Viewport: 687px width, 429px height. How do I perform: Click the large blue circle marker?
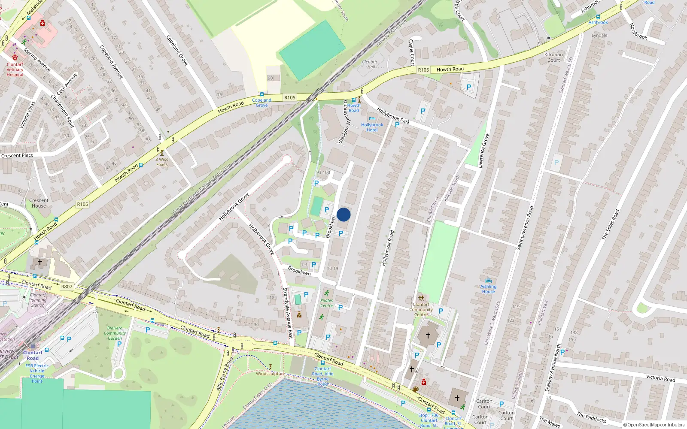tap(343, 214)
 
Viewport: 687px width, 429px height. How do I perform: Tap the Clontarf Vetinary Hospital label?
tap(15, 69)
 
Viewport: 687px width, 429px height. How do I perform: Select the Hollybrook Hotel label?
tap(372, 127)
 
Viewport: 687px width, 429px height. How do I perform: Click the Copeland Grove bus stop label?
tap(261, 103)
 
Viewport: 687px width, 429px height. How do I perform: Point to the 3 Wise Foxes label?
tap(162, 162)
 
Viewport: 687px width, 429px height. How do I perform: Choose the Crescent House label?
tap(39, 203)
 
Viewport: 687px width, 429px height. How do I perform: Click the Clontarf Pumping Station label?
tap(38, 300)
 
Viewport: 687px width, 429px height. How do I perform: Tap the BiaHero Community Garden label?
tap(115, 333)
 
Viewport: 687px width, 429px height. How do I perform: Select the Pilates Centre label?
tap(326, 303)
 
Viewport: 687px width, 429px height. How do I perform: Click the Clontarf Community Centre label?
tap(421, 309)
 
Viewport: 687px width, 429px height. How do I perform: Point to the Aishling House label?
tap(488, 289)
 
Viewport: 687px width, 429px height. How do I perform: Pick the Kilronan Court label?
tap(553, 57)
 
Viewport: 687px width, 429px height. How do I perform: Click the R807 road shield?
tap(67, 287)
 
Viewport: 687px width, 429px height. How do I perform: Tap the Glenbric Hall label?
tap(370, 64)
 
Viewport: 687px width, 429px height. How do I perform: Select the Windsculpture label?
tap(270, 373)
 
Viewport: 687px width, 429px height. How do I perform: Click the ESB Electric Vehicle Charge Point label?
tap(37, 373)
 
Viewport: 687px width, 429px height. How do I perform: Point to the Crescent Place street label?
tap(17, 155)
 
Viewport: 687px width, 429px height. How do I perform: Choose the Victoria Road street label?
tap(660, 378)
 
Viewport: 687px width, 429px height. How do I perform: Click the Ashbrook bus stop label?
tap(598, 22)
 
